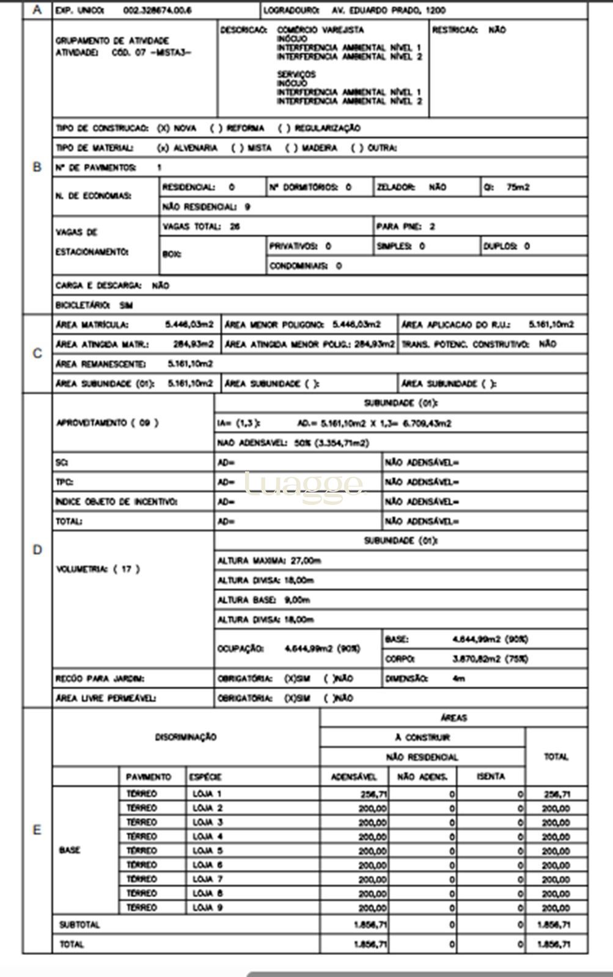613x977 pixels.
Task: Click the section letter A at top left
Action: [37, 10]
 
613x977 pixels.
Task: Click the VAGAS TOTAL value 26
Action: [235, 227]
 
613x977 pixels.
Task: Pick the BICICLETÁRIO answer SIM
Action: [126, 305]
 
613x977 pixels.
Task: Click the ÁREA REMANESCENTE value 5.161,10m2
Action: [190, 364]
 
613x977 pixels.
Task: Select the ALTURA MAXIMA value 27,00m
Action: [305, 561]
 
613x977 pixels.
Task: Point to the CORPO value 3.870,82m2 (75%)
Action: [490, 659]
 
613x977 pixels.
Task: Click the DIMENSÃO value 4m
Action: [459, 678]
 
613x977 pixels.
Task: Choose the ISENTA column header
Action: [491, 777]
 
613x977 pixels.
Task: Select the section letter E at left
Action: [37, 830]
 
